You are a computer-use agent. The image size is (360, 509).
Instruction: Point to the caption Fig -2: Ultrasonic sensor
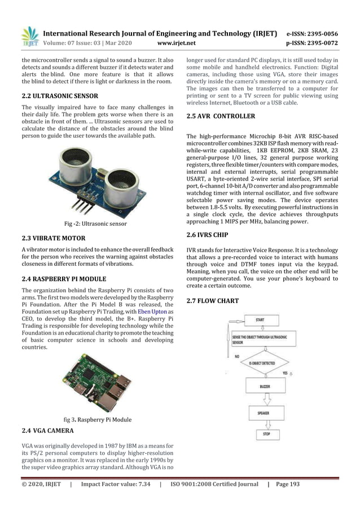(x=96, y=224)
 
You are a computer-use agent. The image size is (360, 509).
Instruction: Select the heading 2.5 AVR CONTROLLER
(x=221, y=116)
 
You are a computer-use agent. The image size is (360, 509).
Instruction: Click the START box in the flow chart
(x=260, y=319)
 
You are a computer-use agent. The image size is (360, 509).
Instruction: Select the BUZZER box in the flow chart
(x=265, y=387)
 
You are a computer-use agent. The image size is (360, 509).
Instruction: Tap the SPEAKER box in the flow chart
(x=264, y=413)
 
